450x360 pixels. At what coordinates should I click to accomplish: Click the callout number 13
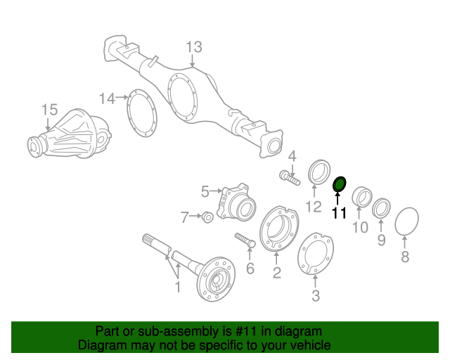(193, 47)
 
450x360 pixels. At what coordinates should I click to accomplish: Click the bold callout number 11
(339, 213)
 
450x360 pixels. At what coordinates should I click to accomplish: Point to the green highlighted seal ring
(339, 184)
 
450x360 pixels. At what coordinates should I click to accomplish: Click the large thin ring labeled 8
(405, 223)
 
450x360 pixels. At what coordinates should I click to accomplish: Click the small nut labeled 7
(207, 217)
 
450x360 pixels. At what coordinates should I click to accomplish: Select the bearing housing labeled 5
(233, 202)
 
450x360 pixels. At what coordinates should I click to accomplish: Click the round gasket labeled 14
(144, 113)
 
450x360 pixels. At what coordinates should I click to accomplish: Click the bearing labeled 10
(361, 197)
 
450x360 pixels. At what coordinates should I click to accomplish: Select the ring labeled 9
(382, 208)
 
